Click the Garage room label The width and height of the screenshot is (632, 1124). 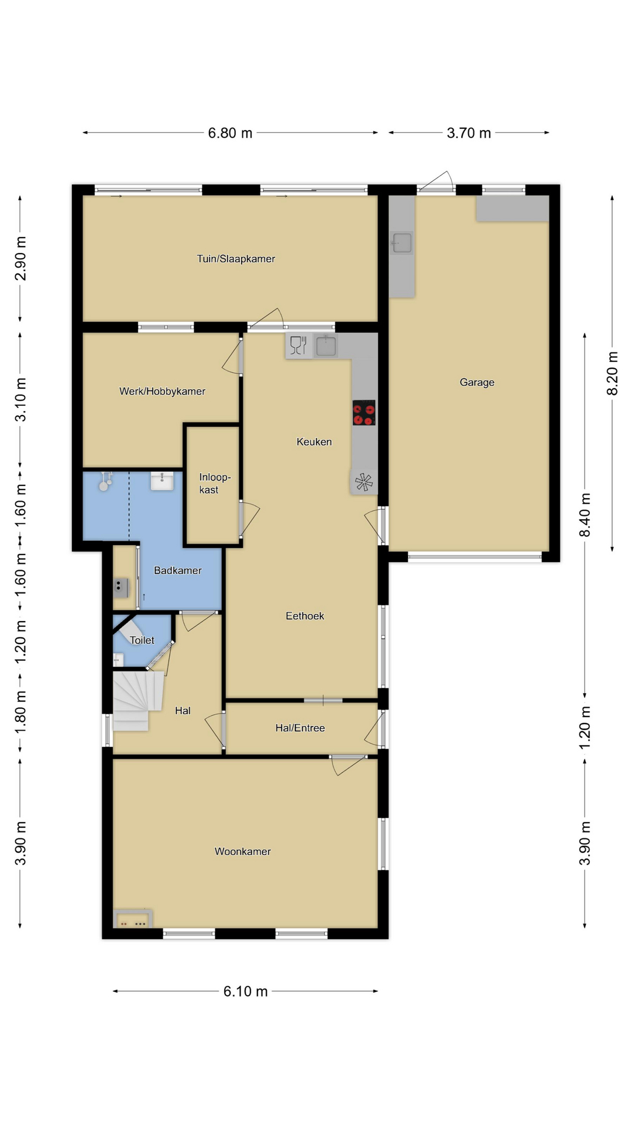[477, 382]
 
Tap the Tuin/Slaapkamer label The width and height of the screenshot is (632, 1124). [236, 259]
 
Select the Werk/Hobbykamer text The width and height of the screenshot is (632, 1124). [162, 391]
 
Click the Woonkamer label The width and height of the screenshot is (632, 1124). [242, 851]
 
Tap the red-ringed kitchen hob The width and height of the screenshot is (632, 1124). [363, 413]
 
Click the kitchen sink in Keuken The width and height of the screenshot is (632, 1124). [326, 345]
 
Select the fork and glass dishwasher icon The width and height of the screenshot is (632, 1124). [298, 345]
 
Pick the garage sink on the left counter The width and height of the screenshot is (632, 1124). [402, 243]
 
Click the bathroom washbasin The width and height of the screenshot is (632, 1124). [162, 481]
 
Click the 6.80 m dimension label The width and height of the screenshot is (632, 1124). [230, 133]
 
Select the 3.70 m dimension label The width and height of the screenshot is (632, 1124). [469, 133]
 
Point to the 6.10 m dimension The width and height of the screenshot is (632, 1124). [245, 991]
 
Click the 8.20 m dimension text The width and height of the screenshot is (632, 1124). [612, 373]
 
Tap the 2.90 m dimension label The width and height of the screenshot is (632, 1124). [20, 259]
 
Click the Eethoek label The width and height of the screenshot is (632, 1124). [305, 616]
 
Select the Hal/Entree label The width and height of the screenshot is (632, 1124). [300, 728]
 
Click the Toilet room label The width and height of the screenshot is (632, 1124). [142, 640]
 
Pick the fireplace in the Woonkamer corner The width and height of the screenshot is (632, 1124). [133, 919]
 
